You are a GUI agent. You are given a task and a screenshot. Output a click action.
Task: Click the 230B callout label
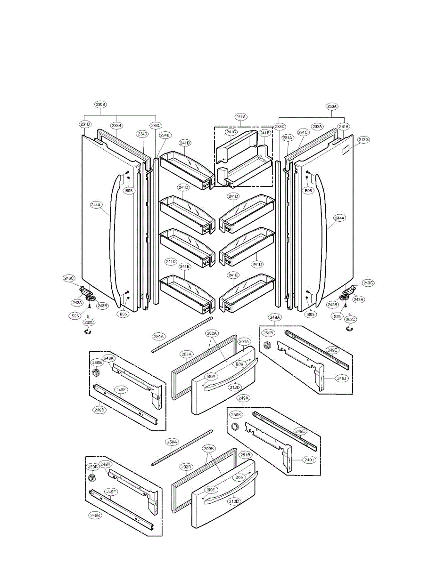click(x=100, y=105)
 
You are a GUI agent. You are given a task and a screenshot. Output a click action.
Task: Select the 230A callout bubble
click(x=332, y=106)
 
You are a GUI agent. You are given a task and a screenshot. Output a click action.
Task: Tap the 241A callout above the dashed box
click(x=241, y=116)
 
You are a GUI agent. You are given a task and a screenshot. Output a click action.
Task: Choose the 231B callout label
click(x=85, y=124)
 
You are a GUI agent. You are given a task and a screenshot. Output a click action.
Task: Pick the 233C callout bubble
click(x=156, y=125)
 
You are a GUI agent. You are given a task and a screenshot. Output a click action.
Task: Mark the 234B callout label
click(x=165, y=135)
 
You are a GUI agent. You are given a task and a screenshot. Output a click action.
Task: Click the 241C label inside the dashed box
click(x=231, y=132)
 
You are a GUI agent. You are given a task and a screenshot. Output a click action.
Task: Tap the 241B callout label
click(x=264, y=133)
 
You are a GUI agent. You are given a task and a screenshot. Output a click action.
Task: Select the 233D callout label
click(x=280, y=126)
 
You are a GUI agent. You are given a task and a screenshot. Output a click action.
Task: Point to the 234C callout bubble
click(x=303, y=132)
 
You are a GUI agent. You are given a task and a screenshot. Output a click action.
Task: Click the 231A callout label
click(x=343, y=126)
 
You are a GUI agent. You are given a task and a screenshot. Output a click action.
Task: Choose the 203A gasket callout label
click(x=187, y=354)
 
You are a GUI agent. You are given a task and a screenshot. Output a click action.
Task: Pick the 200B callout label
click(x=210, y=449)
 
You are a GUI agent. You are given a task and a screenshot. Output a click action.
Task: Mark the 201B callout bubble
click(x=245, y=455)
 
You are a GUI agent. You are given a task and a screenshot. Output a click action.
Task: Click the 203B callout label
click(x=186, y=467)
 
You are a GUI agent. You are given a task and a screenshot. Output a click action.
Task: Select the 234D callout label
click(x=143, y=134)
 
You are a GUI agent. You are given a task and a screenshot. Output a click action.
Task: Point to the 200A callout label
click(x=212, y=333)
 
